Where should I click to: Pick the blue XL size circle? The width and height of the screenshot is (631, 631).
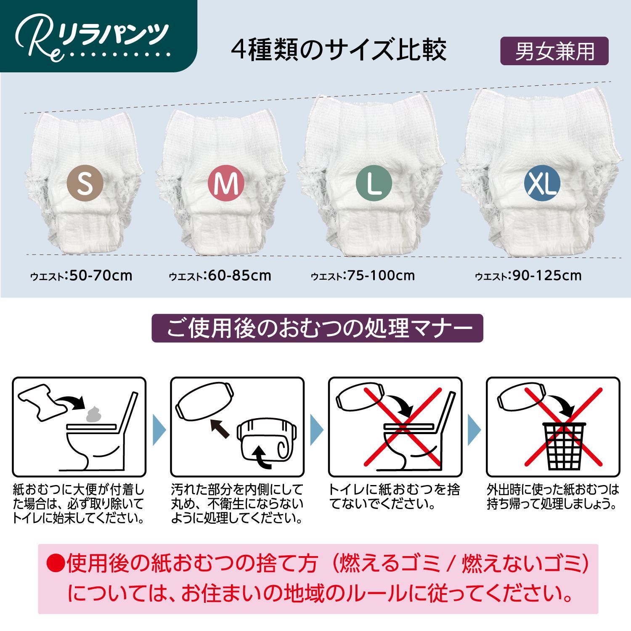point(542,184)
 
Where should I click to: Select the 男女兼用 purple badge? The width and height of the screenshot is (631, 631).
point(554,51)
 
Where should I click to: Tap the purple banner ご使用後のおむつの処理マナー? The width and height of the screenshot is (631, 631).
point(317,328)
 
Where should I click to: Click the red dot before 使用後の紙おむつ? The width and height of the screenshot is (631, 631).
point(55,563)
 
